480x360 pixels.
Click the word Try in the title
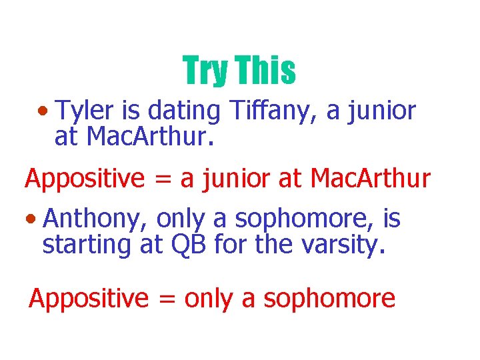(x=205, y=71)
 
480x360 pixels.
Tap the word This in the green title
(x=265, y=71)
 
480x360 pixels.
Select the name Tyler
(x=79, y=111)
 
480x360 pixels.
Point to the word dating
(x=182, y=111)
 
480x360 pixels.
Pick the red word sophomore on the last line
(x=329, y=299)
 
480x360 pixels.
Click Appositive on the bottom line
(x=89, y=299)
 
